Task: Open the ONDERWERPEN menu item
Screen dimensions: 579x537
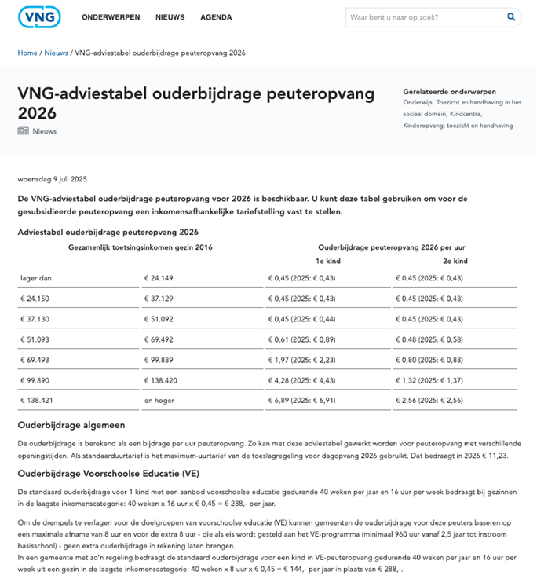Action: coord(111,17)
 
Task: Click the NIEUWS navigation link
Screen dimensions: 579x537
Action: coord(170,17)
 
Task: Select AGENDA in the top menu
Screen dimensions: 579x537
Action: coord(216,17)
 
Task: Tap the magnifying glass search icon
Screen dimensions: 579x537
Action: coord(511,16)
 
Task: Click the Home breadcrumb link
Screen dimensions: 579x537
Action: coord(27,53)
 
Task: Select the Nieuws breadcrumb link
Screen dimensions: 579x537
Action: coord(56,53)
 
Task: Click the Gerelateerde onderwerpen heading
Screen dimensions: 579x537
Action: coord(449,91)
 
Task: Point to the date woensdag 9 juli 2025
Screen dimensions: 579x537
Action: coord(53,178)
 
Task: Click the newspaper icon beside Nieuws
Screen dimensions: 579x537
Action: coord(23,131)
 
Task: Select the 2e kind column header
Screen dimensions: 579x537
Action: coord(455,261)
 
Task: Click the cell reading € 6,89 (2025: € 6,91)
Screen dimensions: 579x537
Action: coord(302,400)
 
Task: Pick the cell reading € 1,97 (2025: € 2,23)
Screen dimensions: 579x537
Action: coord(302,359)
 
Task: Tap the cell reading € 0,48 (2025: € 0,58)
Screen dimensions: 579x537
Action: coord(429,339)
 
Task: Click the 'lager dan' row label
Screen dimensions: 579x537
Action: coord(35,277)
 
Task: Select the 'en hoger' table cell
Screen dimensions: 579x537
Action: coord(159,400)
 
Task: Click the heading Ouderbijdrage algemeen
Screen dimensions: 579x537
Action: coord(71,425)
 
